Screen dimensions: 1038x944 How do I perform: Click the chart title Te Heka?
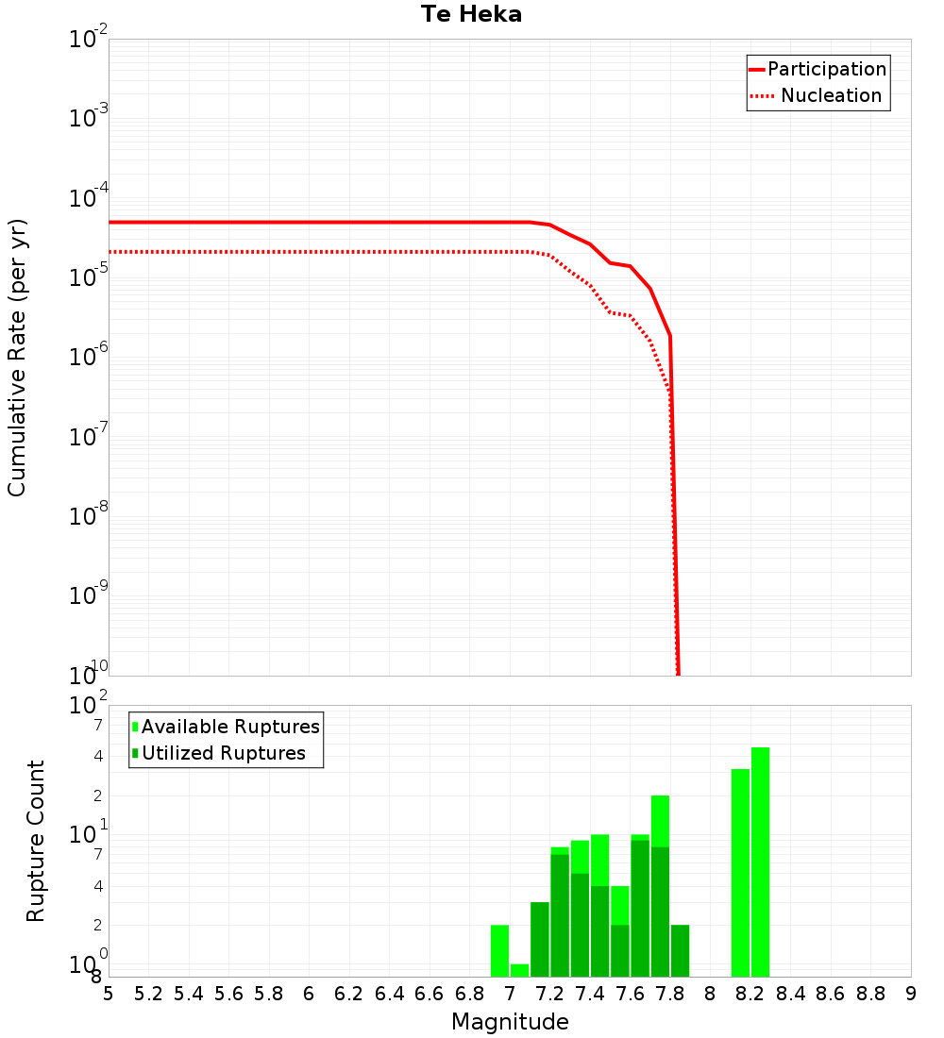(x=471, y=14)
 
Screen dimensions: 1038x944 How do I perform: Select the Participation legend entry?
(x=826, y=69)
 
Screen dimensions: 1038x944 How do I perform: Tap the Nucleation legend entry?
(x=830, y=95)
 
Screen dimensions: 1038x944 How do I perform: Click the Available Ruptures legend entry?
(x=229, y=727)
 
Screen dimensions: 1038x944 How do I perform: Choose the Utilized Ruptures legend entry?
(x=223, y=753)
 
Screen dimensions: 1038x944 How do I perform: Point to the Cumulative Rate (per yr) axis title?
(x=17, y=357)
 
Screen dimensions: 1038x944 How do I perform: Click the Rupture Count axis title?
(x=36, y=841)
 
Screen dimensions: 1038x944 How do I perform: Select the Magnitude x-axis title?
(x=510, y=1022)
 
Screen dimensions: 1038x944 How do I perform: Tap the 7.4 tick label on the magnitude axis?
(x=590, y=994)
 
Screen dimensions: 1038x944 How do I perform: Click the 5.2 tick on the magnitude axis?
(x=148, y=994)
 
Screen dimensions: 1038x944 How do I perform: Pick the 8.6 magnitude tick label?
(x=831, y=994)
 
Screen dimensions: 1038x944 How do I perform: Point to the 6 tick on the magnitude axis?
(x=309, y=994)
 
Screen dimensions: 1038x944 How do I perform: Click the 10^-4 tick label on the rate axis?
(x=89, y=197)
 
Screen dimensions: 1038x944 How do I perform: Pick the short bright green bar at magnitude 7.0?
(x=519, y=970)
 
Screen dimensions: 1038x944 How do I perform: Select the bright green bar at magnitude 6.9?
(x=499, y=950)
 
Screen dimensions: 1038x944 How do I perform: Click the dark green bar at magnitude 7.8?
(x=680, y=950)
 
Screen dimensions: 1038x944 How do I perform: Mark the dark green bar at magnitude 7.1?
(x=540, y=939)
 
